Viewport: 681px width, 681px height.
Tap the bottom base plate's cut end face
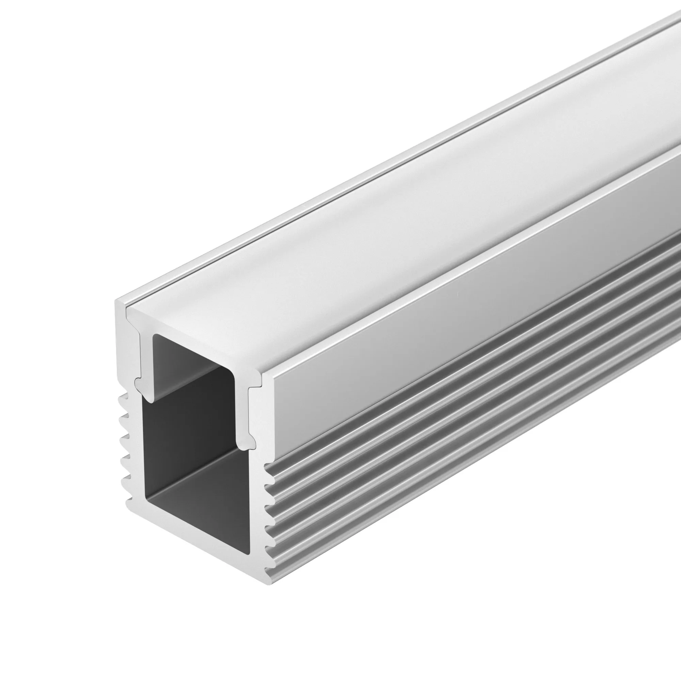click(x=197, y=544)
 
